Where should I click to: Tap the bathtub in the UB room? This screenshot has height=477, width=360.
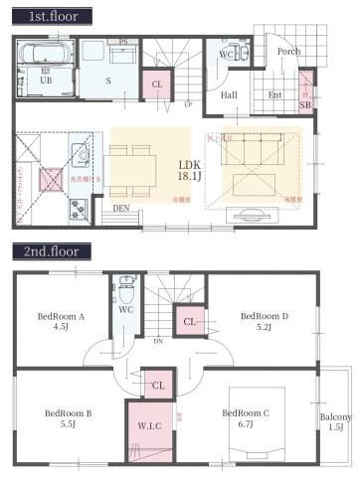(x=44, y=56)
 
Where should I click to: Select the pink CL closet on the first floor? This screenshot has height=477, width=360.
(x=157, y=84)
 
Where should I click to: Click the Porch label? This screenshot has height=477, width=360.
(x=288, y=52)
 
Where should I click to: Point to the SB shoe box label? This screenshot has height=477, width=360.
(x=305, y=104)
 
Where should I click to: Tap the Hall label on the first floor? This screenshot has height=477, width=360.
(x=229, y=95)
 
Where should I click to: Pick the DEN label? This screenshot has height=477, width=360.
(x=119, y=209)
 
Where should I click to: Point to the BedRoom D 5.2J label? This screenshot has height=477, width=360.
(x=264, y=322)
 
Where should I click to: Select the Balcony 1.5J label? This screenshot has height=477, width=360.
(x=336, y=421)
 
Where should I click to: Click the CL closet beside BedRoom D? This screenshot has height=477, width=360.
(x=189, y=321)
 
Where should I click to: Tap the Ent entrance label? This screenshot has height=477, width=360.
(x=275, y=95)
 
